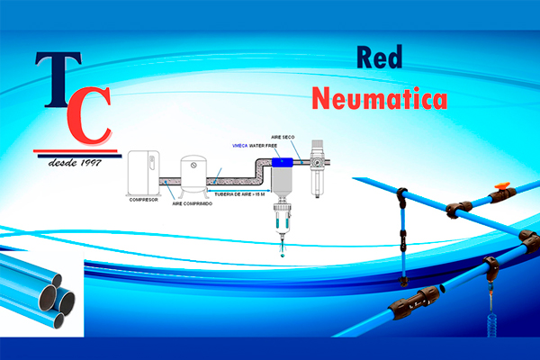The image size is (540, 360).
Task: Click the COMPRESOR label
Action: pyautogui.click(x=143, y=200)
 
